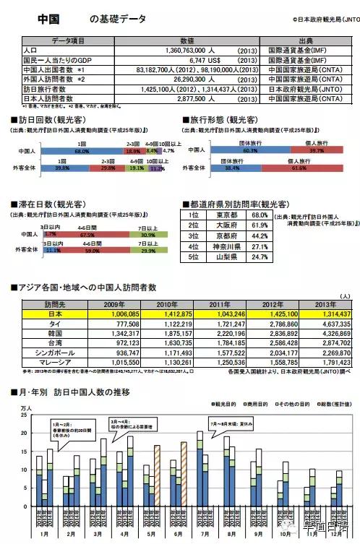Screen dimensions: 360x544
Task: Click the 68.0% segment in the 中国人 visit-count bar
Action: (81, 152)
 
